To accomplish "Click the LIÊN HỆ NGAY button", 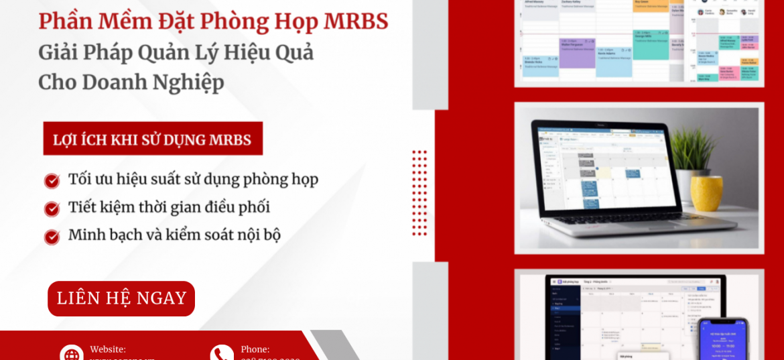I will pyautogui.click(x=121, y=298).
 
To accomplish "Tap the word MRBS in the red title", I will pyautogui.click(x=356, y=21).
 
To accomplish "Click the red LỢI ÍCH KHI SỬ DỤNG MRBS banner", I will pyautogui.click(x=153, y=139).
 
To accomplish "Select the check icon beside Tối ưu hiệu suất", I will pyautogui.click(x=52, y=181).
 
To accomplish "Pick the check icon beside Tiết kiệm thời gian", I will pyautogui.click(x=52, y=209).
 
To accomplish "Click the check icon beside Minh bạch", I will pyautogui.click(x=52, y=237).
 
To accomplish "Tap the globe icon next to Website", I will pyautogui.click(x=71, y=353).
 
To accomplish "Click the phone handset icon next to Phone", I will pyautogui.click(x=222, y=353).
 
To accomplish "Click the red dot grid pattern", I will pyautogui.click(x=419, y=192).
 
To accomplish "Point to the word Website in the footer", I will pyautogui.click(x=108, y=349).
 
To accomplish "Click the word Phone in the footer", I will pyautogui.click(x=255, y=349).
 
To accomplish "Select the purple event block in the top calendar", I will pyautogui.click(x=577, y=54).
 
